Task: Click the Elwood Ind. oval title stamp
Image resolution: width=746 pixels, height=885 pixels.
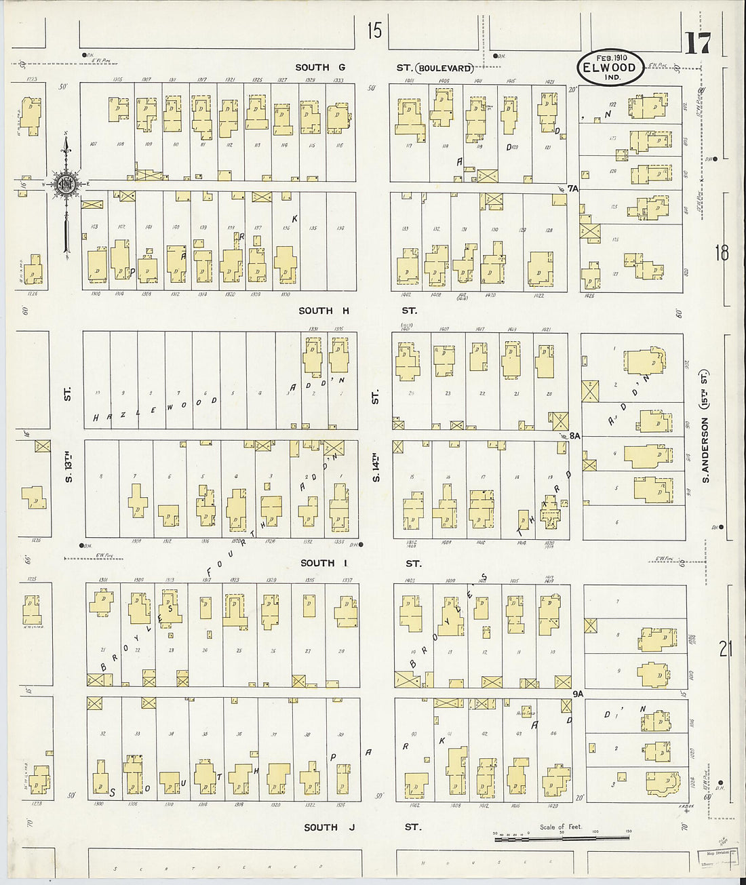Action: point(610,67)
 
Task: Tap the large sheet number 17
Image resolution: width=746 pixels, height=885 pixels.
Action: point(697,44)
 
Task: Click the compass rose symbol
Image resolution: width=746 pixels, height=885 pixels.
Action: point(66,184)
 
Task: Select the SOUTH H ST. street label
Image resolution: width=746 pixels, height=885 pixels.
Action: point(357,311)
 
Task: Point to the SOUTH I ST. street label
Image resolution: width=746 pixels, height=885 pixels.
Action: point(360,563)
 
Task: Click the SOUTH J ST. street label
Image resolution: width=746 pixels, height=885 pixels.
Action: point(361,827)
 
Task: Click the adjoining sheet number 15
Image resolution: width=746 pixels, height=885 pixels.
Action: point(374,31)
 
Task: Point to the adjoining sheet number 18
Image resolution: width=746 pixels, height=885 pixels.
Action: point(722,253)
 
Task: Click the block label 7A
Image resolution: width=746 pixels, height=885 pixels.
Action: point(574,188)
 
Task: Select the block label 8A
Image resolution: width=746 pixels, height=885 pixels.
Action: point(575,436)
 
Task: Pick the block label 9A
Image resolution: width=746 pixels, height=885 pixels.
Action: point(578,694)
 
